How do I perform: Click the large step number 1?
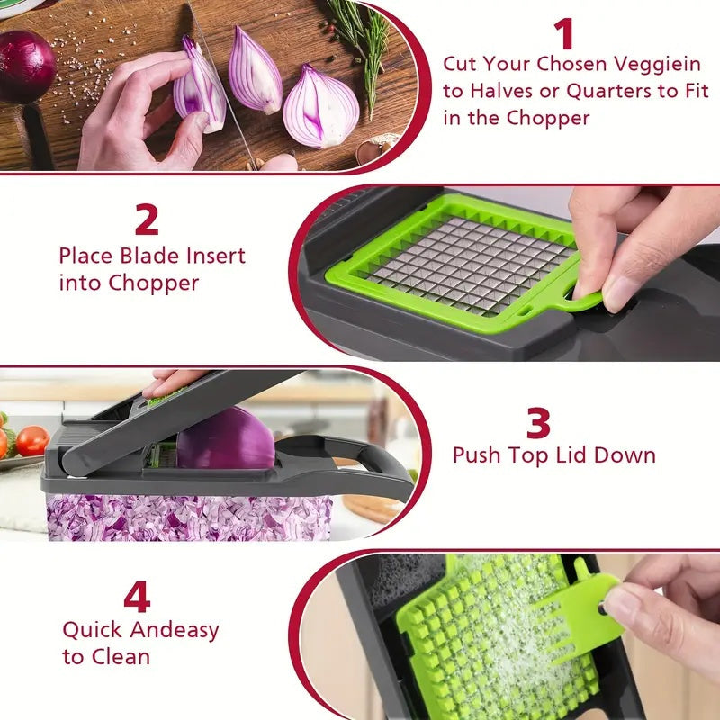click(x=564, y=34)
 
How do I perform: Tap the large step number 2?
click(x=147, y=220)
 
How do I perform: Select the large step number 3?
click(x=538, y=423)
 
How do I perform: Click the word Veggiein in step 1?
click(x=652, y=65)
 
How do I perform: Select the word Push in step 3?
click(x=480, y=454)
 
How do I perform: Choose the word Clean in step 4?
click(x=121, y=657)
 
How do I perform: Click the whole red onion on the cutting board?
click(x=25, y=66)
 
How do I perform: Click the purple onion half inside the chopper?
click(x=225, y=438)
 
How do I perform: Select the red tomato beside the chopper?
click(x=33, y=440)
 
